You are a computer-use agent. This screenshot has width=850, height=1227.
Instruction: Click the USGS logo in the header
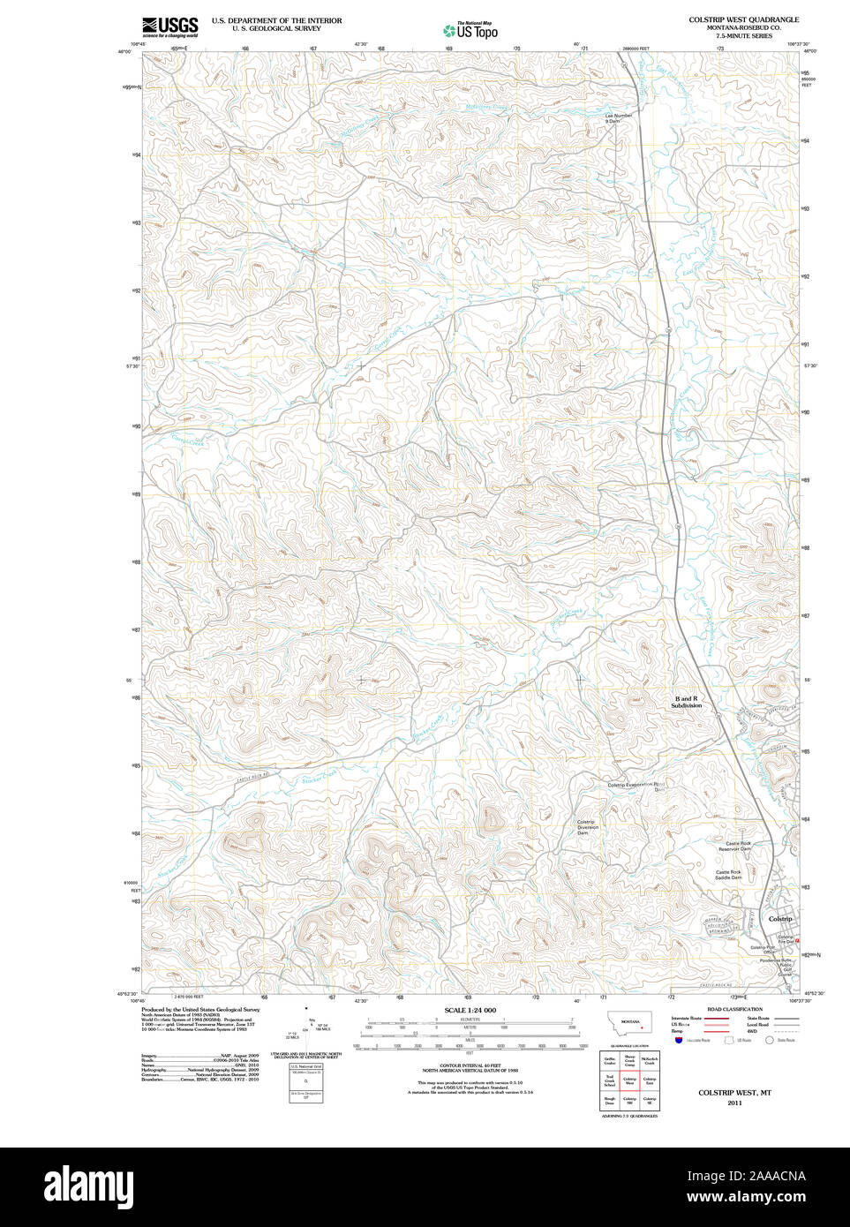click(169, 26)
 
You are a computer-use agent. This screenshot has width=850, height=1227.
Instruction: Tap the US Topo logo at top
click(471, 30)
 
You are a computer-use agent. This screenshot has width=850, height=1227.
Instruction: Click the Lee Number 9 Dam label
click(619, 118)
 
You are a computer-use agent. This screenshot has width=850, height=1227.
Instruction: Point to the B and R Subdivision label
click(686, 702)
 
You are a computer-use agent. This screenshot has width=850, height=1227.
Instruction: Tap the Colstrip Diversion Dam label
click(587, 827)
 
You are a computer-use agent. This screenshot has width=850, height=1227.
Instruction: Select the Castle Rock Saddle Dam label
click(729, 875)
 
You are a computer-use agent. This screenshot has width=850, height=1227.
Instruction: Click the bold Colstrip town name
click(780, 919)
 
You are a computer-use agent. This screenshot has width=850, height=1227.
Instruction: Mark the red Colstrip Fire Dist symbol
click(797, 941)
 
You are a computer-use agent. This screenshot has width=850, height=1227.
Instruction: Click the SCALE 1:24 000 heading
click(470, 1010)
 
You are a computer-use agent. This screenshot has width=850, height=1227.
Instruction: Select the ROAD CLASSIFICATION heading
click(734, 1009)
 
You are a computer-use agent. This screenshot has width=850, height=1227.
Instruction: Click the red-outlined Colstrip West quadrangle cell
click(630, 1080)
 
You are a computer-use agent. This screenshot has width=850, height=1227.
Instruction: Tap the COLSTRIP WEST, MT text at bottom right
click(734, 1093)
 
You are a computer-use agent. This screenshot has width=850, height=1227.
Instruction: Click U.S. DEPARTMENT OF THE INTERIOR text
click(276, 20)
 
